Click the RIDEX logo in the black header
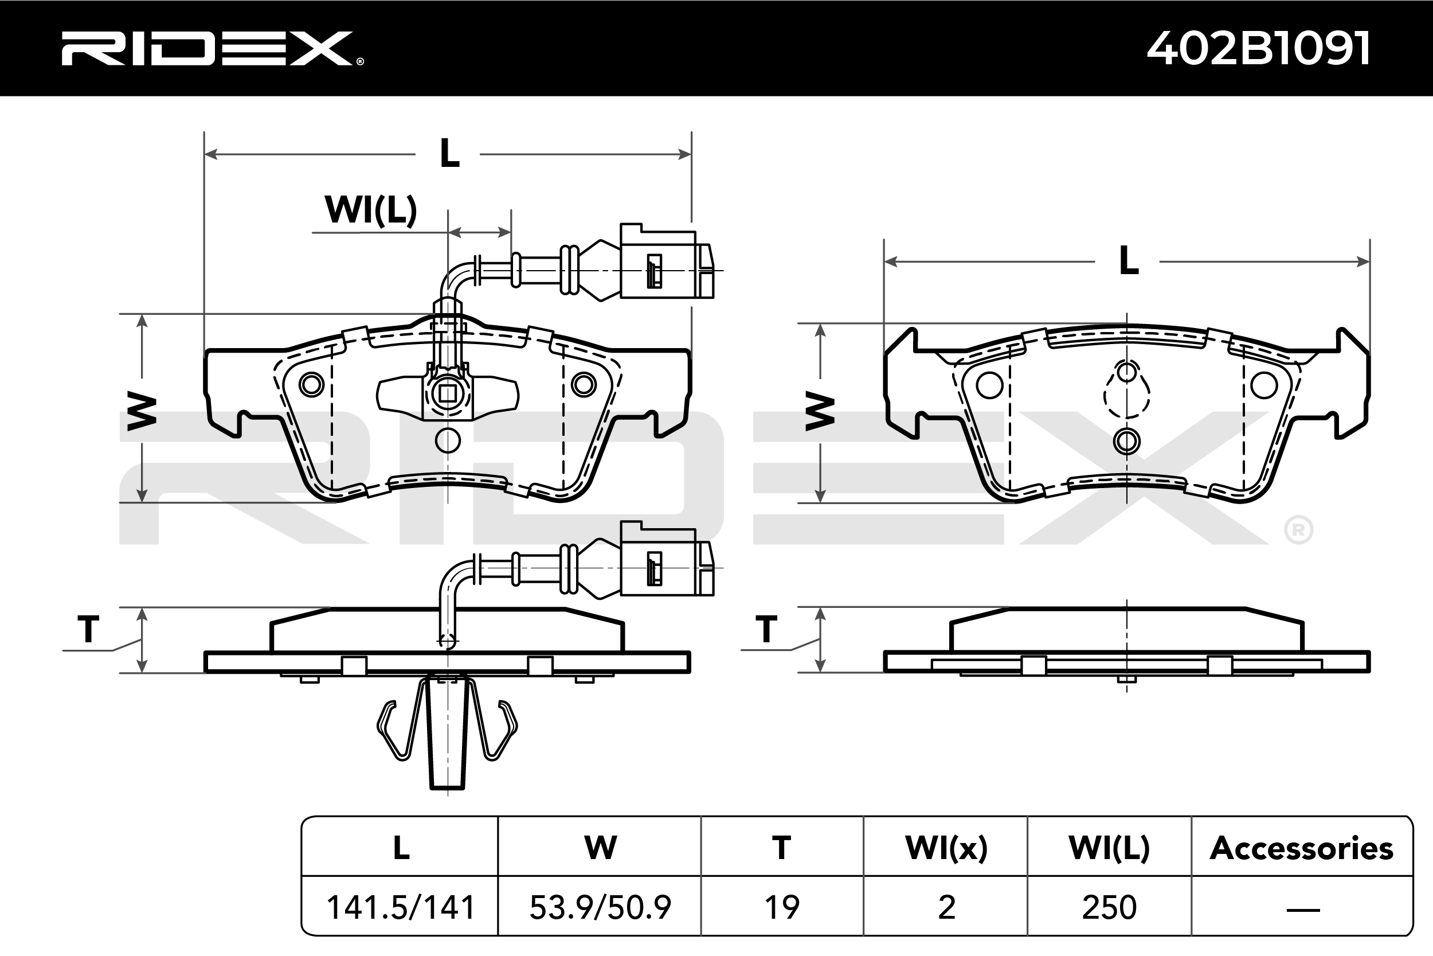click(210, 49)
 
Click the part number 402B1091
click(1259, 49)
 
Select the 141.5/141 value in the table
click(400, 907)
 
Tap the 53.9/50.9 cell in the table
click(600, 907)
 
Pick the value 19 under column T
click(782, 907)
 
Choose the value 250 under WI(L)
click(1109, 907)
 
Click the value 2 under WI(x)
click(946, 907)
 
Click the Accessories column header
click(1301, 848)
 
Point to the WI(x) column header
click(946, 848)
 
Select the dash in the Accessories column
click(1303, 910)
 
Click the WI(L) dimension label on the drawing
click(371, 210)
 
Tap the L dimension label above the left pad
click(449, 154)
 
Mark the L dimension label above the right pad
click(1129, 262)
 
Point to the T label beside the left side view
click(88, 629)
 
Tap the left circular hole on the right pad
click(989, 385)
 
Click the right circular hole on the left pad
click(584, 384)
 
